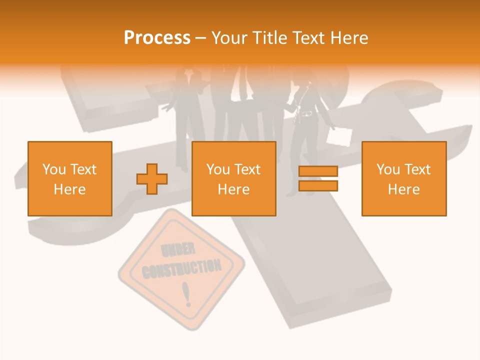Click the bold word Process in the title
[157, 38]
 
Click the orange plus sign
[152, 178]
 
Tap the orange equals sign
[318, 178]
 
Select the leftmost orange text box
[70, 178]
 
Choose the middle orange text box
[233, 178]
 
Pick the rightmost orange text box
[403, 178]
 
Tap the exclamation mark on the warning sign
[187, 294]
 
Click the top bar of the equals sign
[318, 171]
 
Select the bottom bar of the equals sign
[318, 185]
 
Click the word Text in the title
[307, 38]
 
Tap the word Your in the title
[228, 38]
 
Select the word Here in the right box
[403, 189]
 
